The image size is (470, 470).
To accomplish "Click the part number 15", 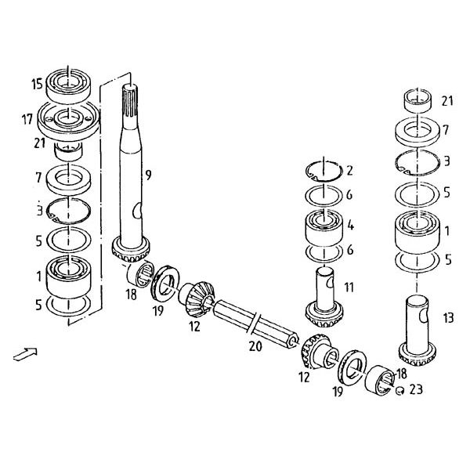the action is [x=38, y=84].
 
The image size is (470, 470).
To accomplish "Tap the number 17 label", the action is [x=27, y=120].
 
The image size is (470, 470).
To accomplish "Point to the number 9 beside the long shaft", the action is [x=148, y=175].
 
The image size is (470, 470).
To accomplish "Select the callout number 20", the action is [x=255, y=346].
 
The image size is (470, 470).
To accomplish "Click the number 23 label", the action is [x=416, y=389].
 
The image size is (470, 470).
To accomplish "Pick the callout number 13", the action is [x=448, y=318].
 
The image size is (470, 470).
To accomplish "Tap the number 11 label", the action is [x=349, y=287].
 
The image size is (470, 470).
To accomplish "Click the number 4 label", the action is [x=350, y=226].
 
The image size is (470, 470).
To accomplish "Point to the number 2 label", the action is [x=349, y=171].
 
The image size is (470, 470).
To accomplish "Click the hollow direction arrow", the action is [x=25, y=354].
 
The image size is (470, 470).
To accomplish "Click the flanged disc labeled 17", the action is [x=68, y=119].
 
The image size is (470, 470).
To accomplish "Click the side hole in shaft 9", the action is [x=137, y=210].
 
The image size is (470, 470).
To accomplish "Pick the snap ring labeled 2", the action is [x=324, y=172].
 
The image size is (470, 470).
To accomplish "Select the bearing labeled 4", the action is [x=324, y=227].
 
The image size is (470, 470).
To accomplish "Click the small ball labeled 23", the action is [x=399, y=390].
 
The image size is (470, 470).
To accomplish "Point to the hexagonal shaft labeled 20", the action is [x=255, y=325].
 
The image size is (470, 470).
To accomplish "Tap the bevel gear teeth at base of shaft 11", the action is [x=324, y=317].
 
